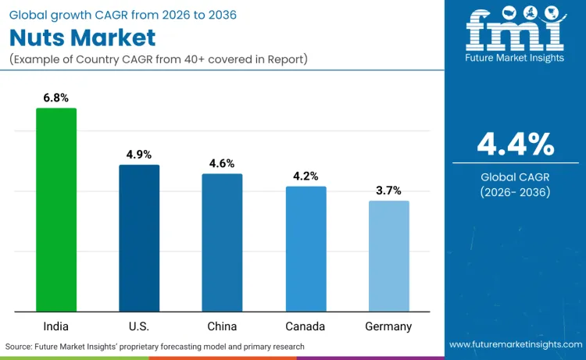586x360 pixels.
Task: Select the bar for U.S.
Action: tap(139, 238)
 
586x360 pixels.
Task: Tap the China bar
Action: tap(222, 242)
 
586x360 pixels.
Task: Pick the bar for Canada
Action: tap(306, 248)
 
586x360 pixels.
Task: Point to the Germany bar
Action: tap(388, 256)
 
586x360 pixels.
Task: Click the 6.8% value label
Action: tap(56, 98)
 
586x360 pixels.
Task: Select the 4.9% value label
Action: tap(139, 155)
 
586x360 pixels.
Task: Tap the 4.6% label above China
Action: tap(222, 163)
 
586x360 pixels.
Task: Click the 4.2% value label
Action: tap(306, 176)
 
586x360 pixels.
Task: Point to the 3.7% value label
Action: tap(388, 190)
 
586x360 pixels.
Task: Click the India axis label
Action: tap(56, 326)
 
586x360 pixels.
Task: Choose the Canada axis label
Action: tap(306, 326)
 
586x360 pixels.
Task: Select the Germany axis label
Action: tap(388, 326)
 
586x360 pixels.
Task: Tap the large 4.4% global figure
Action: tap(515, 144)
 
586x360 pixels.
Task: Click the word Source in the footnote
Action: tap(20, 346)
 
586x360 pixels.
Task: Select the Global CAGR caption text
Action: tap(515, 176)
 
